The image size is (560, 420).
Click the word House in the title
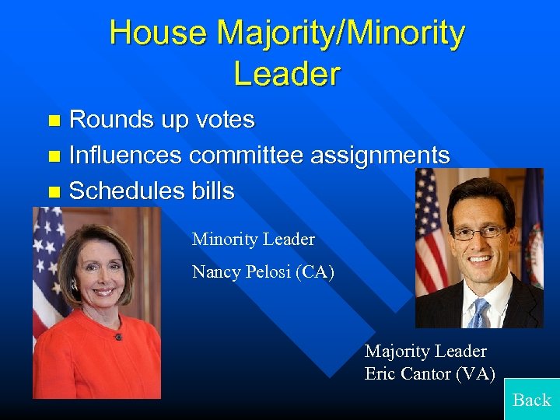pyautogui.click(x=159, y=33)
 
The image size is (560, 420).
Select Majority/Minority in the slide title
pyautogui.click(x=341, y=33)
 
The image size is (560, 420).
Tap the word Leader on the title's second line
pyautogui.click(x=287, y=74)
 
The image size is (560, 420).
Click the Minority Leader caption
pyautogui.click(x=253, y=239)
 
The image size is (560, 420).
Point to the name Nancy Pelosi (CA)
pyautogui.click(x=263, y=271)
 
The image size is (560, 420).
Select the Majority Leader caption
pyautogui.click(x=425, y=351)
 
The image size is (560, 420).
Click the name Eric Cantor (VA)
pyautogui.click(x=429, y=373)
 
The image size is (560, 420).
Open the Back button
pyautogui.click(x=532, y=399)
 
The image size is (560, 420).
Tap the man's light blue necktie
pyautogui.click(x=478, y=313)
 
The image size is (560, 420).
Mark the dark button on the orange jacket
pyautogui.click(x=118, y=337)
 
